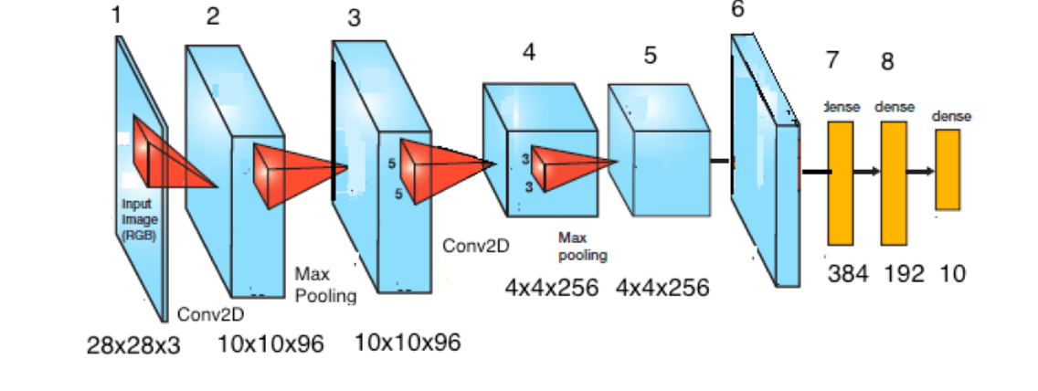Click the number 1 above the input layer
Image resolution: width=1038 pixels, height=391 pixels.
pyautogui.click(x=116, y=16)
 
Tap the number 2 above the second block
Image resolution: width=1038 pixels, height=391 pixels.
pyautogui.click(x=213, y=16)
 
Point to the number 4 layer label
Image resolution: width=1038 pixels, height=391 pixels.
pyautogui.click(x=528, y=52)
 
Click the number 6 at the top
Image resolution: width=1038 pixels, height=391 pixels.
pyautogui.click(x=738, y=10)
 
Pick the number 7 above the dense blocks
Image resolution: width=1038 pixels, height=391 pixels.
pyautogui.click(x=831, y=60)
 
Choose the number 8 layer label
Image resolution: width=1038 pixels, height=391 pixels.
pyautogui.click(x=887, y=62)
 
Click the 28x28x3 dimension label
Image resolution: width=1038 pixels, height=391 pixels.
pyautogui.click(x=133, y=345)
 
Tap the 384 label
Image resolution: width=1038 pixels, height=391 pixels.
pyautogui.click(x=848, y=273)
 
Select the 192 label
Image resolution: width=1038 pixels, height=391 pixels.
pyautogui.click(x=905, y=273)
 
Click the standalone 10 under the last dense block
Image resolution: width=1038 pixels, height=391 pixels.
pyautogui.click(x=952, y=273)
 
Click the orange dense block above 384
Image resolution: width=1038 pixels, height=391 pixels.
pyautogui.click(x=841, y=183)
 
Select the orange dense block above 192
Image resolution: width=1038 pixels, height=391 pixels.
pyautogui.click(x=894, y=183)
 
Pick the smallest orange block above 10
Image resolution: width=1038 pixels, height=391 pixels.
pyautogui.click(x=948, y=169)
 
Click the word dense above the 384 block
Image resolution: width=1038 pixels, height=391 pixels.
pyautogui.click(x=842, y=107)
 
